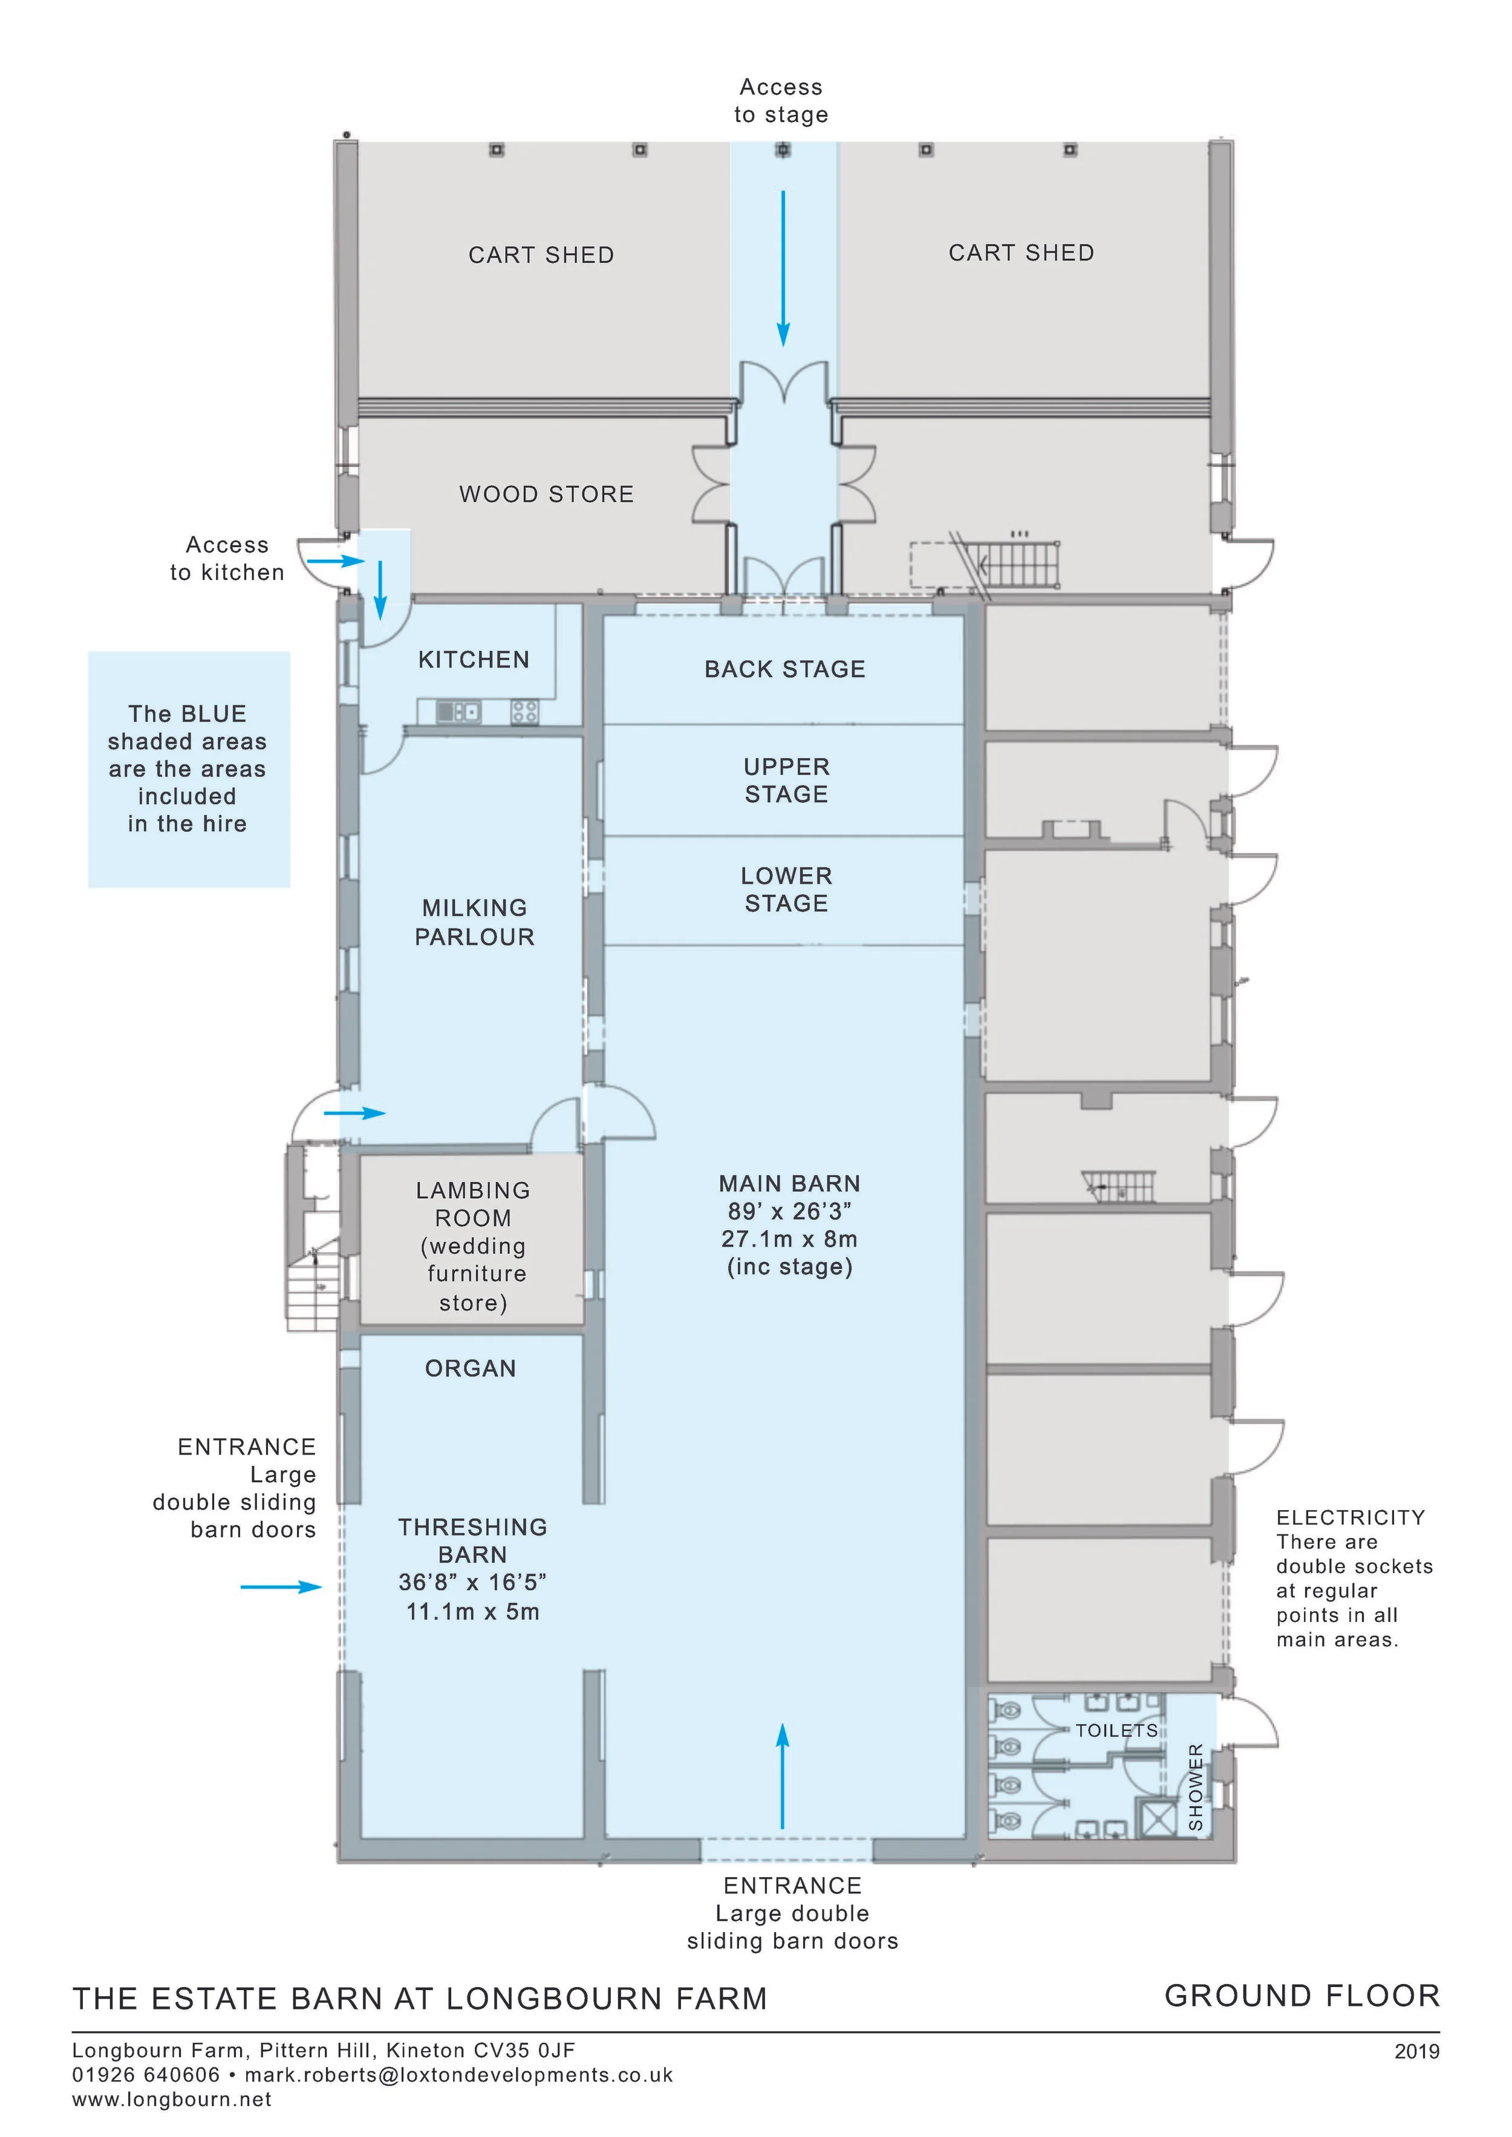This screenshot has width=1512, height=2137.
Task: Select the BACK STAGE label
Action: (x=785, y=669)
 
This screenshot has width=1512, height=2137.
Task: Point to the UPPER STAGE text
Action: (x=786, y=780)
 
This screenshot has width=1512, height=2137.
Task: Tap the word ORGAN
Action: (x=470, y=1368)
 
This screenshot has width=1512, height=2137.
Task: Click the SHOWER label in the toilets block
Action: (x=1196, y=1787)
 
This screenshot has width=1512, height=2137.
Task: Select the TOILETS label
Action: (x=1116, y=1730)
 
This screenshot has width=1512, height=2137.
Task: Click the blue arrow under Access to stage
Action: (x=783, y=267)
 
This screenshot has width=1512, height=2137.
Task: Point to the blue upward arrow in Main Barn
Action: (x=782, y=1775)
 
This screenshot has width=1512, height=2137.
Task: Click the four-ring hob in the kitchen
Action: (x=524, y=712)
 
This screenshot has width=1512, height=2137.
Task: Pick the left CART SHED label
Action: (x=541, y=255)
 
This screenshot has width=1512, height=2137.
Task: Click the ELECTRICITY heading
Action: (x=1350, y=1518)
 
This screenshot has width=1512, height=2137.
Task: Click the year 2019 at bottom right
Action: (x=1416, y=2051)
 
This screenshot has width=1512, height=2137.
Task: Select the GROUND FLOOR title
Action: (x=1302, y=1996)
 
